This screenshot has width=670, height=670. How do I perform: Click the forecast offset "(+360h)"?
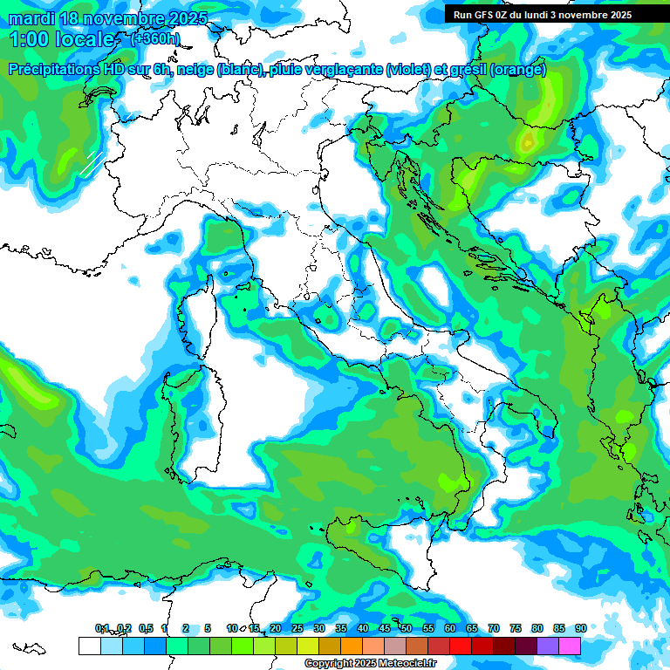155,38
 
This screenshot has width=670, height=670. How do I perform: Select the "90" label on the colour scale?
580,628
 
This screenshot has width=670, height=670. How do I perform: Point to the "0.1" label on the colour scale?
102,628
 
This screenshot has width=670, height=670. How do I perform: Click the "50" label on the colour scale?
407,628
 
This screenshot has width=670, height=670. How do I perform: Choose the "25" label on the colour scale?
297,628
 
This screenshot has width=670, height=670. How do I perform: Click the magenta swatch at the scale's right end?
570,646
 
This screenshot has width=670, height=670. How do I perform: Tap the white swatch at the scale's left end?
89,646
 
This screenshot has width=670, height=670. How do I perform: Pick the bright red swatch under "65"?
461,646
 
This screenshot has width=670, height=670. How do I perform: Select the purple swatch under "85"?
548,646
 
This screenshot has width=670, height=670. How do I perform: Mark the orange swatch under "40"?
352,646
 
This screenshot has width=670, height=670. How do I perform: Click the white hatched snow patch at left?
91,162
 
